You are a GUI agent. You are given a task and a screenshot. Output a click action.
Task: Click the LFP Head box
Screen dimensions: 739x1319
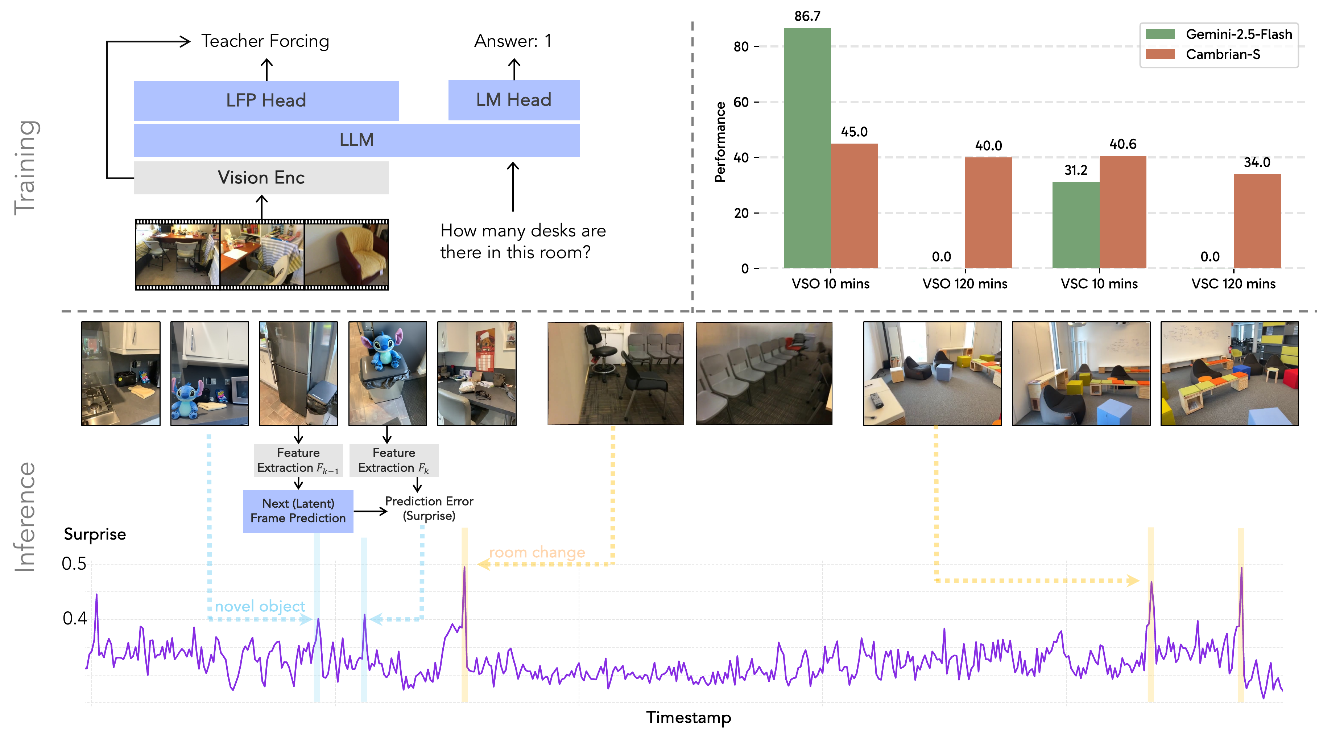click(266, 100)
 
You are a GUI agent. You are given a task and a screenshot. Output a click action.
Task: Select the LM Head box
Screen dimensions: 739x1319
click(514, 100)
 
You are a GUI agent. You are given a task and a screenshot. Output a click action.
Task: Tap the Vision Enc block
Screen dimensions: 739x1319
click(261, 178)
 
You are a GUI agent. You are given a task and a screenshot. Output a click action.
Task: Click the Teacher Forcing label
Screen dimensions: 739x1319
click(265, 41)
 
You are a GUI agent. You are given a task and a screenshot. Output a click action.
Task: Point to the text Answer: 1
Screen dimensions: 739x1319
click(513, 41)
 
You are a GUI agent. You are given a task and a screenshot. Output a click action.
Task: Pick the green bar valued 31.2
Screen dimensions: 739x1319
click(1075, 225)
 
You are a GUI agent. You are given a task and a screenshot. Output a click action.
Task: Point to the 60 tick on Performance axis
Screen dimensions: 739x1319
click(741, 102)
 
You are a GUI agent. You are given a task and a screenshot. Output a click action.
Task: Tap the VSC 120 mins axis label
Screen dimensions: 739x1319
click(1233, 284)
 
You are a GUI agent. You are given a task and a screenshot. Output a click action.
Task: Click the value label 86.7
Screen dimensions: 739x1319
click(807, 16)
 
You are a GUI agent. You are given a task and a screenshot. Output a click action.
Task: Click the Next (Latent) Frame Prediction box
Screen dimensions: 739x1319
click(298, 511)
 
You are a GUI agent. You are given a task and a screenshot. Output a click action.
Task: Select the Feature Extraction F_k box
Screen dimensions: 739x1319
click(393, 460)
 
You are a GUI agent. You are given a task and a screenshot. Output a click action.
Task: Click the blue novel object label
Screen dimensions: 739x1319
click(260, 606)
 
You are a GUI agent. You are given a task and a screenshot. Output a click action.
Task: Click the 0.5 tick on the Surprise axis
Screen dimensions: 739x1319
click(74, 564)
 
